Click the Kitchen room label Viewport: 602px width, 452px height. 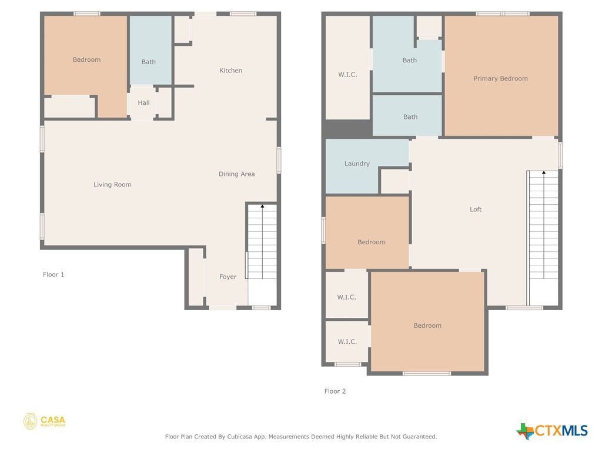point(230,71)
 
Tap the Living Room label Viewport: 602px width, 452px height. point(112,185)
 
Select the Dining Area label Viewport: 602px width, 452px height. point(236,174)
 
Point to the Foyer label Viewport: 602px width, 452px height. point(228,277)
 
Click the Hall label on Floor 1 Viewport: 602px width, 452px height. point(143,103)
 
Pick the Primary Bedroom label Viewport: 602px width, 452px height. point(500,79)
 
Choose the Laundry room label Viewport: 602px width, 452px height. point(357,164)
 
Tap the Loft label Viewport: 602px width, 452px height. point(476,210)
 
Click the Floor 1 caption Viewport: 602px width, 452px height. point(53,275)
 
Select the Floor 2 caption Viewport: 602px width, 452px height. point(335,391)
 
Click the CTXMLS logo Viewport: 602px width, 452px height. point(552,431)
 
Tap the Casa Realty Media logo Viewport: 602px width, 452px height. point(44,421)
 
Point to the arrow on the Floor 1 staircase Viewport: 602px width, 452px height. point(261,206)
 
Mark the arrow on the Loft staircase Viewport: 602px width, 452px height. point(543,173)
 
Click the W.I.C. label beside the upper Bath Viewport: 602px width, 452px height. point(347,75)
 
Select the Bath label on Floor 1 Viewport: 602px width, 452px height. point(149,62)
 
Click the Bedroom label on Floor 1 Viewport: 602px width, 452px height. point(86,60)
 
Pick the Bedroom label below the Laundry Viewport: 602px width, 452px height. point(372,242)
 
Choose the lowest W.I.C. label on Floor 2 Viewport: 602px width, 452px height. point(347,342)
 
